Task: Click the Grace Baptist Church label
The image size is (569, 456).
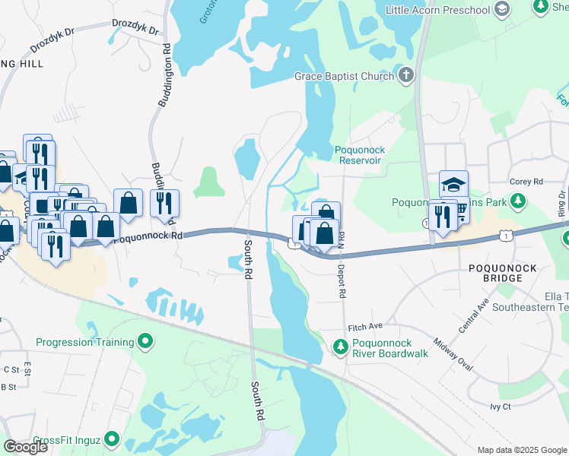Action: (x=344, y=76)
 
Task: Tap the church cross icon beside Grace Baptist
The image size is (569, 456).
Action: (x=406, y=75)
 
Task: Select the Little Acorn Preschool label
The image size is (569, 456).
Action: (x=437, y=9)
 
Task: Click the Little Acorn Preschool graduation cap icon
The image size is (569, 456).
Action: (x=501, y=9)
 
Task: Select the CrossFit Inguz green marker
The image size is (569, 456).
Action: (x=113, y=439)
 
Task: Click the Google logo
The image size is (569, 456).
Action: (x=25, y=447)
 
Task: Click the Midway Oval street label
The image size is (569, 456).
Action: (x=453, y=354)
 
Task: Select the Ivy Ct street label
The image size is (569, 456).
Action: (x=501, y=407)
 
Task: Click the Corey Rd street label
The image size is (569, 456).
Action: (x=526, y=182)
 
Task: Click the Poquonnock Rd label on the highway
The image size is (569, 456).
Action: (x=148, y=237)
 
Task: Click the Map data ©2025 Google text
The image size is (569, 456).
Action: (x=521, y=450)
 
